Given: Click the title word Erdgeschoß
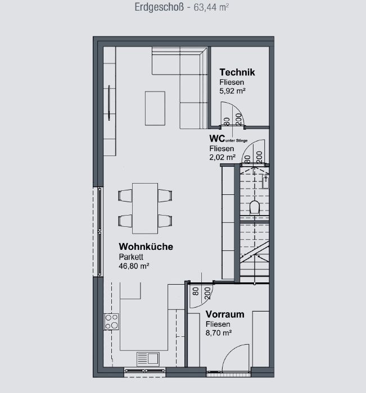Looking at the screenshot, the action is coord(159,7).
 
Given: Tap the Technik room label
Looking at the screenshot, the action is coord(237,72).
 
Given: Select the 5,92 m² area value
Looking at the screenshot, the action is coord(232,91).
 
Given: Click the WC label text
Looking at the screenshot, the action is coord(217,138).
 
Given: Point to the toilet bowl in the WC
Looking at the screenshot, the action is coord(255,207).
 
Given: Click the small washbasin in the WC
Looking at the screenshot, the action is coord(265,181).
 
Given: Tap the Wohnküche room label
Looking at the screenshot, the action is coord(146,246).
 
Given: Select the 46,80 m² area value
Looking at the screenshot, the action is coord(134,266).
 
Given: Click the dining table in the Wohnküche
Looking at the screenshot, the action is coord(145,208).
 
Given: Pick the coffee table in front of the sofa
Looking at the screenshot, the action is coord(155,108).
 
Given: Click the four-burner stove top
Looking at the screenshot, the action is coord(112,322).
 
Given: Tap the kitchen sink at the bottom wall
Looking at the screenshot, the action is coord(148,359).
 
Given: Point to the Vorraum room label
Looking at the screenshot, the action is coord(225,314).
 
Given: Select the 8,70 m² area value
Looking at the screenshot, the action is coord(219,333).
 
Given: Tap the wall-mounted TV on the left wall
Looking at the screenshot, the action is coord(109,103).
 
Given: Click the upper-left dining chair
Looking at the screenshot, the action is coord(125,195).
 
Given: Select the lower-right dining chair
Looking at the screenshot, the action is coord(165,221).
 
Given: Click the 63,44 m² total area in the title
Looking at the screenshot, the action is coord(211,7).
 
